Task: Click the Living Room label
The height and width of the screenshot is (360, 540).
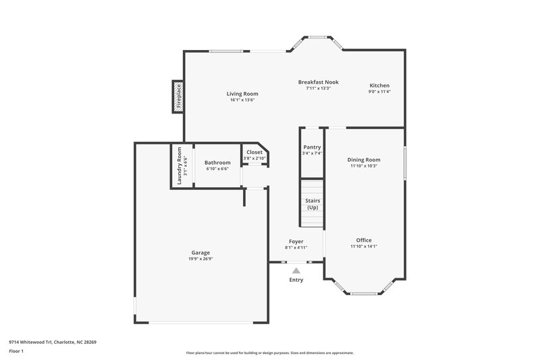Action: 242,94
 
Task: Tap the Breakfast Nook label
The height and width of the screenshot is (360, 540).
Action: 318,82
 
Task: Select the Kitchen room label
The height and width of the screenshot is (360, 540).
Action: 379,85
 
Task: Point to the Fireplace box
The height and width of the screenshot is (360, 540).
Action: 179,96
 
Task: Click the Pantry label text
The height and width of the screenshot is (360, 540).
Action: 312,147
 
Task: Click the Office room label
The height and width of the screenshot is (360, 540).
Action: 364,240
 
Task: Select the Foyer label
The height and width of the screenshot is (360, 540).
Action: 296,241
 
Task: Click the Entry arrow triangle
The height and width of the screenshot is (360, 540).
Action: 296,270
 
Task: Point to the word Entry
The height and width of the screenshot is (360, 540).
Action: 296,280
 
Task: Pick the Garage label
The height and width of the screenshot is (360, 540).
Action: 200,252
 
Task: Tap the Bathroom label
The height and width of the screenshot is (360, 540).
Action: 217,162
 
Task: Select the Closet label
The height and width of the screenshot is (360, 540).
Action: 254,153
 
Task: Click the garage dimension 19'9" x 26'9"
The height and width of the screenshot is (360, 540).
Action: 200,258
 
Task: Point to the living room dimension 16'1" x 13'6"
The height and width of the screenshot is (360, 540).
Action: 242,100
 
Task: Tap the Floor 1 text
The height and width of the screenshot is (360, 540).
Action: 17,352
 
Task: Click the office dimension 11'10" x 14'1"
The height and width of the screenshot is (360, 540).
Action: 364,247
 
